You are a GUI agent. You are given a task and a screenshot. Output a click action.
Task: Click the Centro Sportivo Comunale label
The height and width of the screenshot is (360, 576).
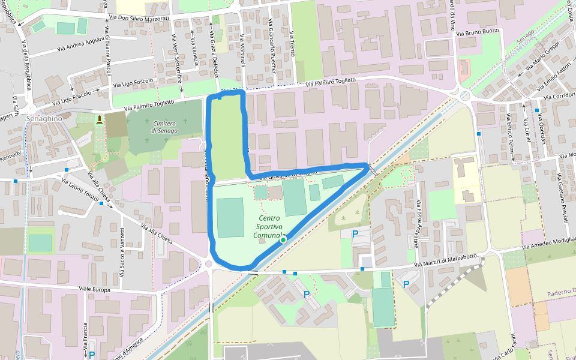point(270,228)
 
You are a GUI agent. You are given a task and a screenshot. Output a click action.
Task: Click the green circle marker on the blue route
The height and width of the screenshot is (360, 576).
point(283,239)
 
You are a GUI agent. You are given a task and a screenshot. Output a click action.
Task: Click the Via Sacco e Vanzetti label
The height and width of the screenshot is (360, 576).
point(122,251)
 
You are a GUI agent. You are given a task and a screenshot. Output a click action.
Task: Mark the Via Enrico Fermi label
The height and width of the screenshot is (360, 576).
point(509,137)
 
